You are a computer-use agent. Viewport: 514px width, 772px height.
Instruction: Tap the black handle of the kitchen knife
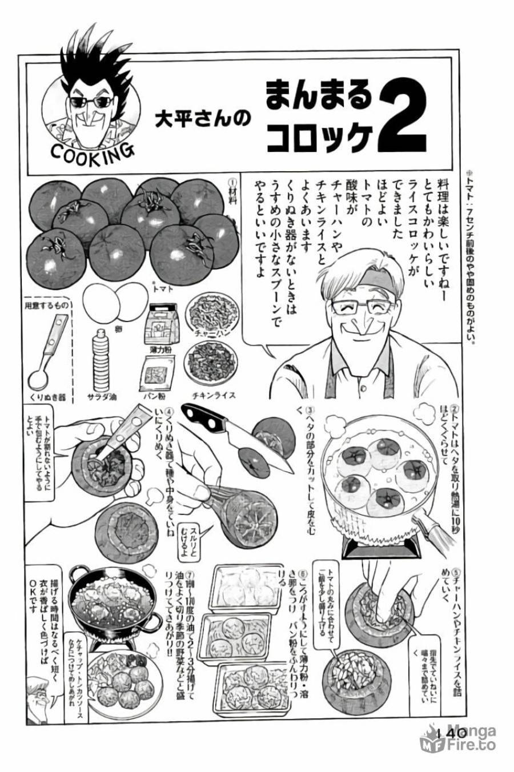click(208, 421)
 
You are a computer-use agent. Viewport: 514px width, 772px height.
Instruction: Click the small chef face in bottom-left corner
click(42, 694)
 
